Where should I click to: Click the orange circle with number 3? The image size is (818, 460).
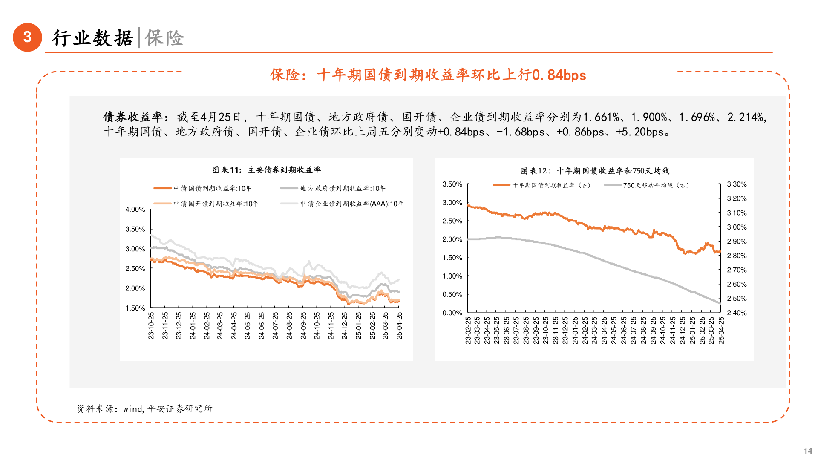(28, 37)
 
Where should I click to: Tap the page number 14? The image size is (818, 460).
(807, 451)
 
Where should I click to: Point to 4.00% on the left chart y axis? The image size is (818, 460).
(135, 210)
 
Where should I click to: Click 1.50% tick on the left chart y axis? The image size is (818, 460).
(135, 308)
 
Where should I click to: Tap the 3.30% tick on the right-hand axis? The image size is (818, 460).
(737, 184)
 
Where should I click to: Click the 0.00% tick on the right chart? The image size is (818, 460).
(452, 313)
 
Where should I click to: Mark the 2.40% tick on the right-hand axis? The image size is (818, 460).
(737, 313)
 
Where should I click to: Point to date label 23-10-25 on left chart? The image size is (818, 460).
(151, 325)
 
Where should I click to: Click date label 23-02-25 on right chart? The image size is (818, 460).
(468, 330)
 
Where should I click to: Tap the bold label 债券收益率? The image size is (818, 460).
(133, 117)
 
